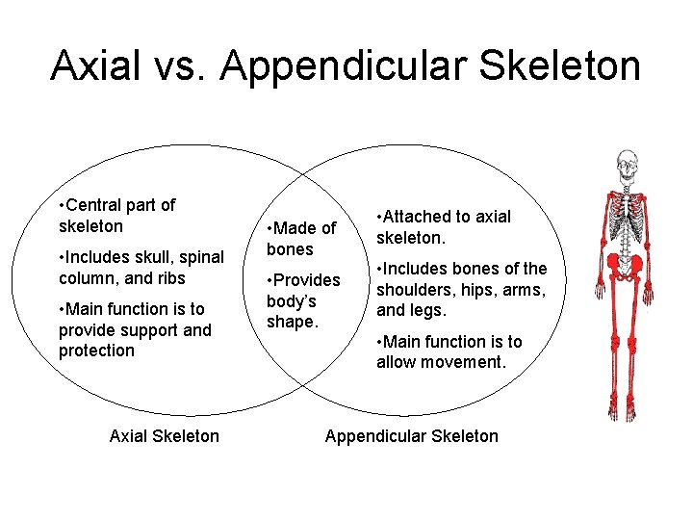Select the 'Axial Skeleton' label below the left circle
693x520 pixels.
tap(165, 436)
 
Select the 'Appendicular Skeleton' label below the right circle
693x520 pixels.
tap(411, 436)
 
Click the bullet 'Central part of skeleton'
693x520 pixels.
tap(116, 216)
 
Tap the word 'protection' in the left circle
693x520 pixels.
tap(96, 351)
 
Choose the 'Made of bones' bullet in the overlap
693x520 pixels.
tap(301, 239)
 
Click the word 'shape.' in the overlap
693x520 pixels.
tap(292, 322)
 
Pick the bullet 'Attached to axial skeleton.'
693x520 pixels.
tap(444, 227)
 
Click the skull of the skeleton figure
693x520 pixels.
tap(628, 163)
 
